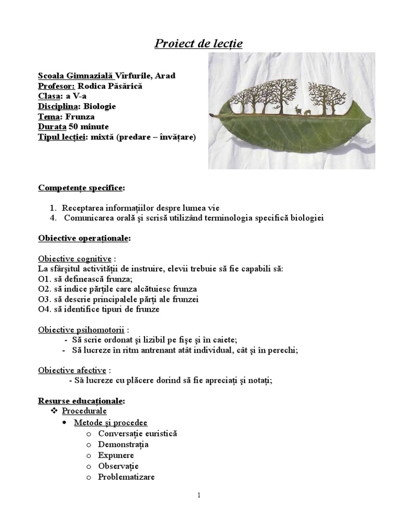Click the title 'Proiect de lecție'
tap(198, 44)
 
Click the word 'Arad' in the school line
tap(165, 76)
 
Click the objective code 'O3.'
tap(44, 299)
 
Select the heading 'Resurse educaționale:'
tap(81, 401)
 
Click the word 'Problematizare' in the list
tap(126, 477)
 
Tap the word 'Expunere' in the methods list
tap(116, 455)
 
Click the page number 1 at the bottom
tap(198, 495)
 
